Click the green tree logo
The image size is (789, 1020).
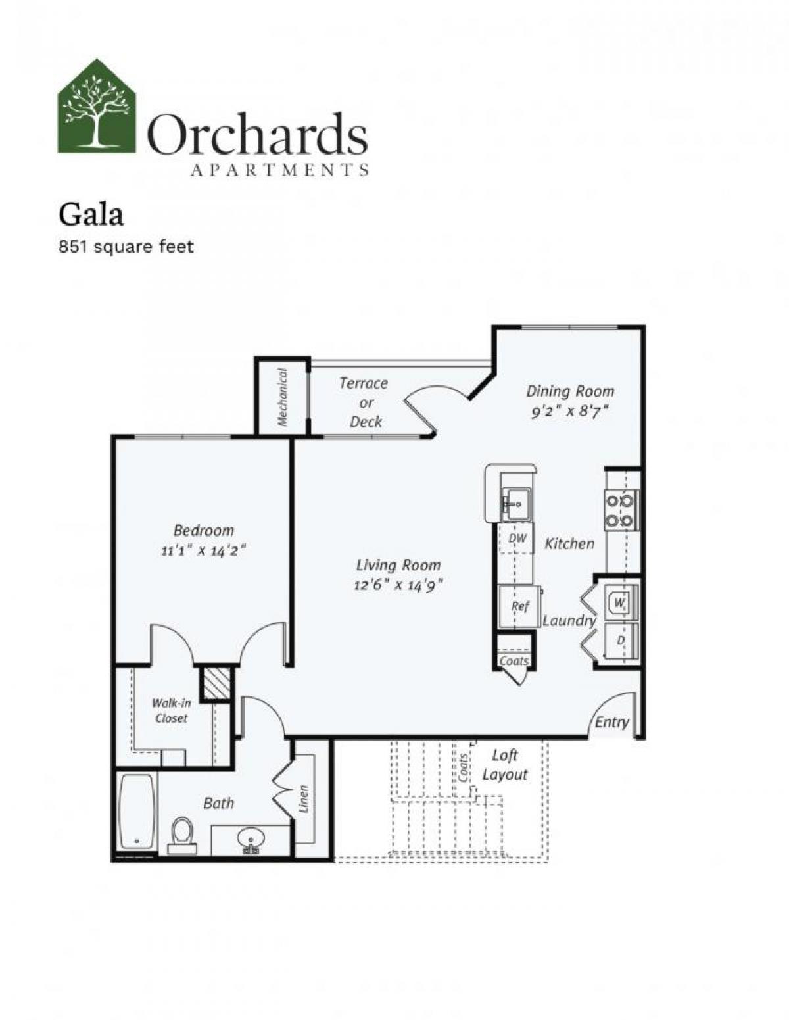pyautogui.click(x=97, y=107)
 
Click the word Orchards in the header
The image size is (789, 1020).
pyautogui.click(x=257, y=135)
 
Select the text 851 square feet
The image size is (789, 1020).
pyautogui.click(x=126, y=247)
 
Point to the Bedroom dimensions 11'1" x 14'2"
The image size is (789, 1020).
pyautogui.click(x=203, y=550)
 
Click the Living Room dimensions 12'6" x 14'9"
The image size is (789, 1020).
pyautogui.click(x=398, y=584)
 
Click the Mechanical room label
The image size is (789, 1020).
pyautogui.click(x=282, y=397)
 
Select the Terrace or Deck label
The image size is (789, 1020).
pyautogui.click(x=364, y=402)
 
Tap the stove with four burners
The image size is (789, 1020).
pyautogui.click(x=620, y=511)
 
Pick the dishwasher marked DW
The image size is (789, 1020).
pyautogui.click(x=517, y=539)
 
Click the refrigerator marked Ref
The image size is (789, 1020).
pyautogui.click(x=519, y=606)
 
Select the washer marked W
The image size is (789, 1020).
pyautogui.click(x=619, y=601)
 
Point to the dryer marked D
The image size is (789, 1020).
pyautogui.click(x=619, y=639)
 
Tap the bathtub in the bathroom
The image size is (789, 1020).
pyautogui.click(x=137, y=813)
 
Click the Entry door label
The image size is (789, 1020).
pyautogui.click(x=611, y=722)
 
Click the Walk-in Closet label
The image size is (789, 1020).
pyautogui.click(x=172, y=711)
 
